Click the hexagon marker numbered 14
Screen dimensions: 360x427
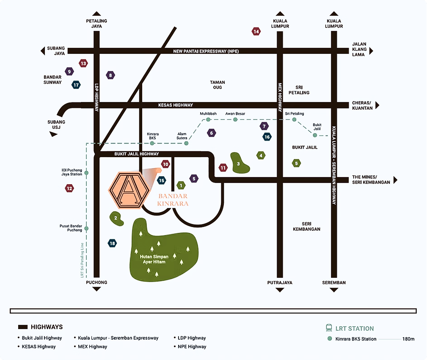click(256, 31)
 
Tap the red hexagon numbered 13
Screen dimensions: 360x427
click(83, 64)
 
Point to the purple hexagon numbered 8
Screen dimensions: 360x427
click(110, 75)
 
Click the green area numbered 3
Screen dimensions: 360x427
click(240, 163)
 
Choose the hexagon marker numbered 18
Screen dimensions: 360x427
click(112, 243)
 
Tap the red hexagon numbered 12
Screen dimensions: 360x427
click(69, 188)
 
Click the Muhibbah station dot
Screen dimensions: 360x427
click(208, 120)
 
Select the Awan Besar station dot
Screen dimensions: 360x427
click(235, 120)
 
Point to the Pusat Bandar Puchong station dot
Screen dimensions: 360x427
click(86, 229)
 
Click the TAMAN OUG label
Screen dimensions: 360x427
click(218, 85)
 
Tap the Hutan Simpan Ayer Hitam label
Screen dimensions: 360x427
click(154, 259)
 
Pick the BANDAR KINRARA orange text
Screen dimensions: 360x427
click(173, 199)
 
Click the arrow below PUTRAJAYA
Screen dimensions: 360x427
click(280, 290)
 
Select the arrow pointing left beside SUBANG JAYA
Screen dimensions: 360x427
click(43, 51)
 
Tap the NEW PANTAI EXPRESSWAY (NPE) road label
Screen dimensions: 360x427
click(206, 51)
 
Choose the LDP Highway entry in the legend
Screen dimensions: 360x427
click(191, 338)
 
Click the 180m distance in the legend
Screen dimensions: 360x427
click(408, 339)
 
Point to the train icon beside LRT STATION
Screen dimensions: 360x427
click(329, 328)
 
